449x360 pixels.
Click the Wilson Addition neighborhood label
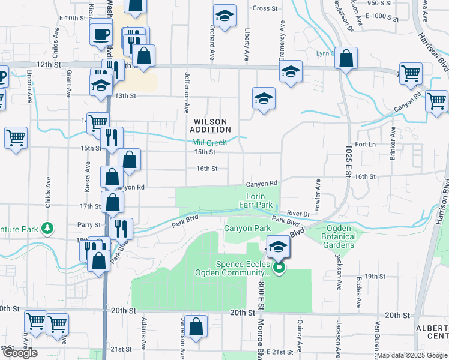point(211,125)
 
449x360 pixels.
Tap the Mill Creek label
point(209,143)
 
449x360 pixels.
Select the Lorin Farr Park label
point(259,200)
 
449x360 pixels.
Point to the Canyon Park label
point(247,229)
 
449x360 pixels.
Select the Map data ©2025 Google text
point(411,355)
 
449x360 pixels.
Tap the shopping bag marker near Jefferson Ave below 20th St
point(197,327)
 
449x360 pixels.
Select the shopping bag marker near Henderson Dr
point(346,58)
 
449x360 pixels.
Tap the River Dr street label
point(298,213)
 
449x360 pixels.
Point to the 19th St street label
point(374,276)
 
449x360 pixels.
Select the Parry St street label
point(89,225)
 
